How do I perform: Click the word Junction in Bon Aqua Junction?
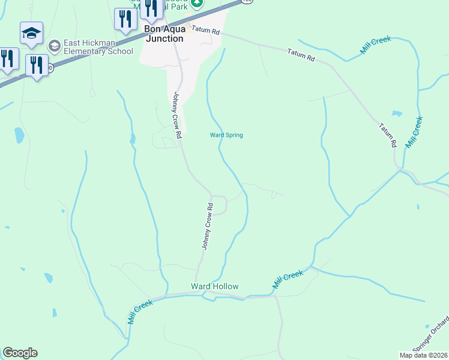(164, 38)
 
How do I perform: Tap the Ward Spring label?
(226, 135)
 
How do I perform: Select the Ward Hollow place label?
(215, 286)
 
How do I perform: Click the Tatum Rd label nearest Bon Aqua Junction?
(206, 31)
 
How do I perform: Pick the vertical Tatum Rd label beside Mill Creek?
(388, 136)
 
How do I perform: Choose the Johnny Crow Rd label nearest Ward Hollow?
(206, 226)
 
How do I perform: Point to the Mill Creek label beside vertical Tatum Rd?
(414, 132)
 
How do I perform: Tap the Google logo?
(20, 353)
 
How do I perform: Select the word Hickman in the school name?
(89, 43)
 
